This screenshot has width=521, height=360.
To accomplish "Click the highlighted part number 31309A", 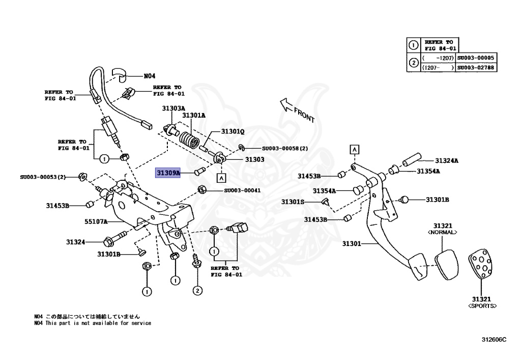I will pos(168,173).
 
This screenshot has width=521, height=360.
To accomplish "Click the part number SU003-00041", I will pos(242,190).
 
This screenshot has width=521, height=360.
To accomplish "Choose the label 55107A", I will pos(96,221).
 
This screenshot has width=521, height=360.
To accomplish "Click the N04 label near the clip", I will pos(149,76).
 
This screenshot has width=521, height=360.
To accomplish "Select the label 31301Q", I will pos(233,131).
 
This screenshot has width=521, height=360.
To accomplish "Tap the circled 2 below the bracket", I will pos(197,291).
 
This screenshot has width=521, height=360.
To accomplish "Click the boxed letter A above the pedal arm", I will pos(354,149).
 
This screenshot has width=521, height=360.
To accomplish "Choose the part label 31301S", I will pos(293,202).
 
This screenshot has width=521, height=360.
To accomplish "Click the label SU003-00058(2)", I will pos(285,149).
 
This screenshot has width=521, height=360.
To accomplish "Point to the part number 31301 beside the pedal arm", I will pos(351,244).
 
